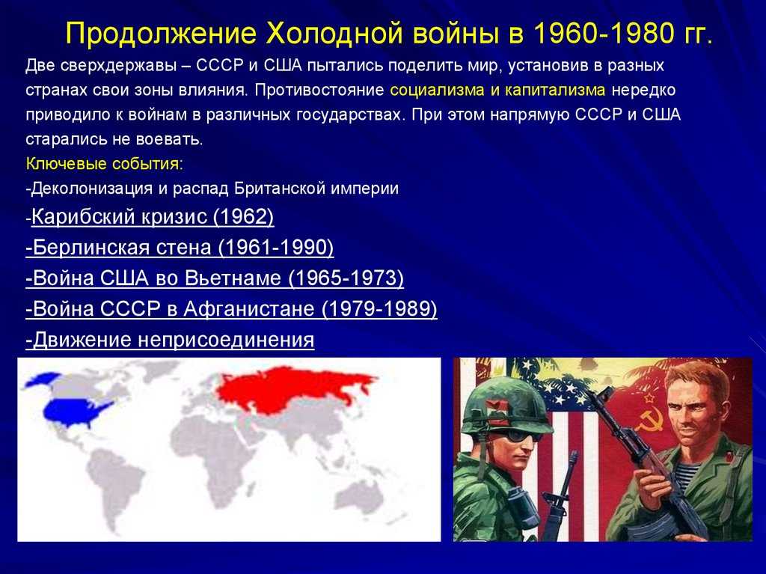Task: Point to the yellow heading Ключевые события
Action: click(x=104, y=163)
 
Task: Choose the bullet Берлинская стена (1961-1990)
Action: click(x=180, y=248)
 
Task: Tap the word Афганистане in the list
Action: click(x=252, y=309)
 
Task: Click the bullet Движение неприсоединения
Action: click(x=171, y=341)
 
